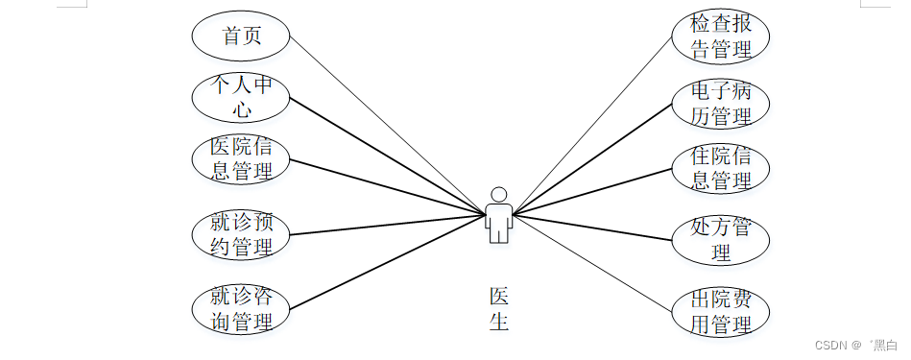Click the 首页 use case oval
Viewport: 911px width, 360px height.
[x=241, y=36]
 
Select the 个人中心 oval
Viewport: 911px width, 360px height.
[x=241, y=97]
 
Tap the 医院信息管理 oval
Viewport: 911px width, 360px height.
[x=241, y=158]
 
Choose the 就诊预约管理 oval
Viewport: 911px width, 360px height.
[x=241, y=233]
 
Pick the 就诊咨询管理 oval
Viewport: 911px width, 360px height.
[x=241, y=308]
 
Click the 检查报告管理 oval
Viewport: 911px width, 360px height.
[x=720, y=36]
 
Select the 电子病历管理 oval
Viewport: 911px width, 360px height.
[x=720, y=104]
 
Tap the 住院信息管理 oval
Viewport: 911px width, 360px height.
[x=720, y=167]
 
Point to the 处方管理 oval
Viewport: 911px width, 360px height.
[x=720, y=240]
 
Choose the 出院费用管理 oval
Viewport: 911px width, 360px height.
[x=720, y=313]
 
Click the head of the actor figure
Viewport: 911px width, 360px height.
[x=497, y=193]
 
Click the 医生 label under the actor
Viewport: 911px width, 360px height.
[x=498, y=308]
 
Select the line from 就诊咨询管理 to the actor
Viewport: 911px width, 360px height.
[x=384, y=261]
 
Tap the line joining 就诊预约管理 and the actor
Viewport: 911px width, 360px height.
[x=384, y=224]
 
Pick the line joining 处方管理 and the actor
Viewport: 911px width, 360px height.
[x=595, y=227]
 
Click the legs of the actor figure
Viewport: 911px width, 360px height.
[x=497, y=233]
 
